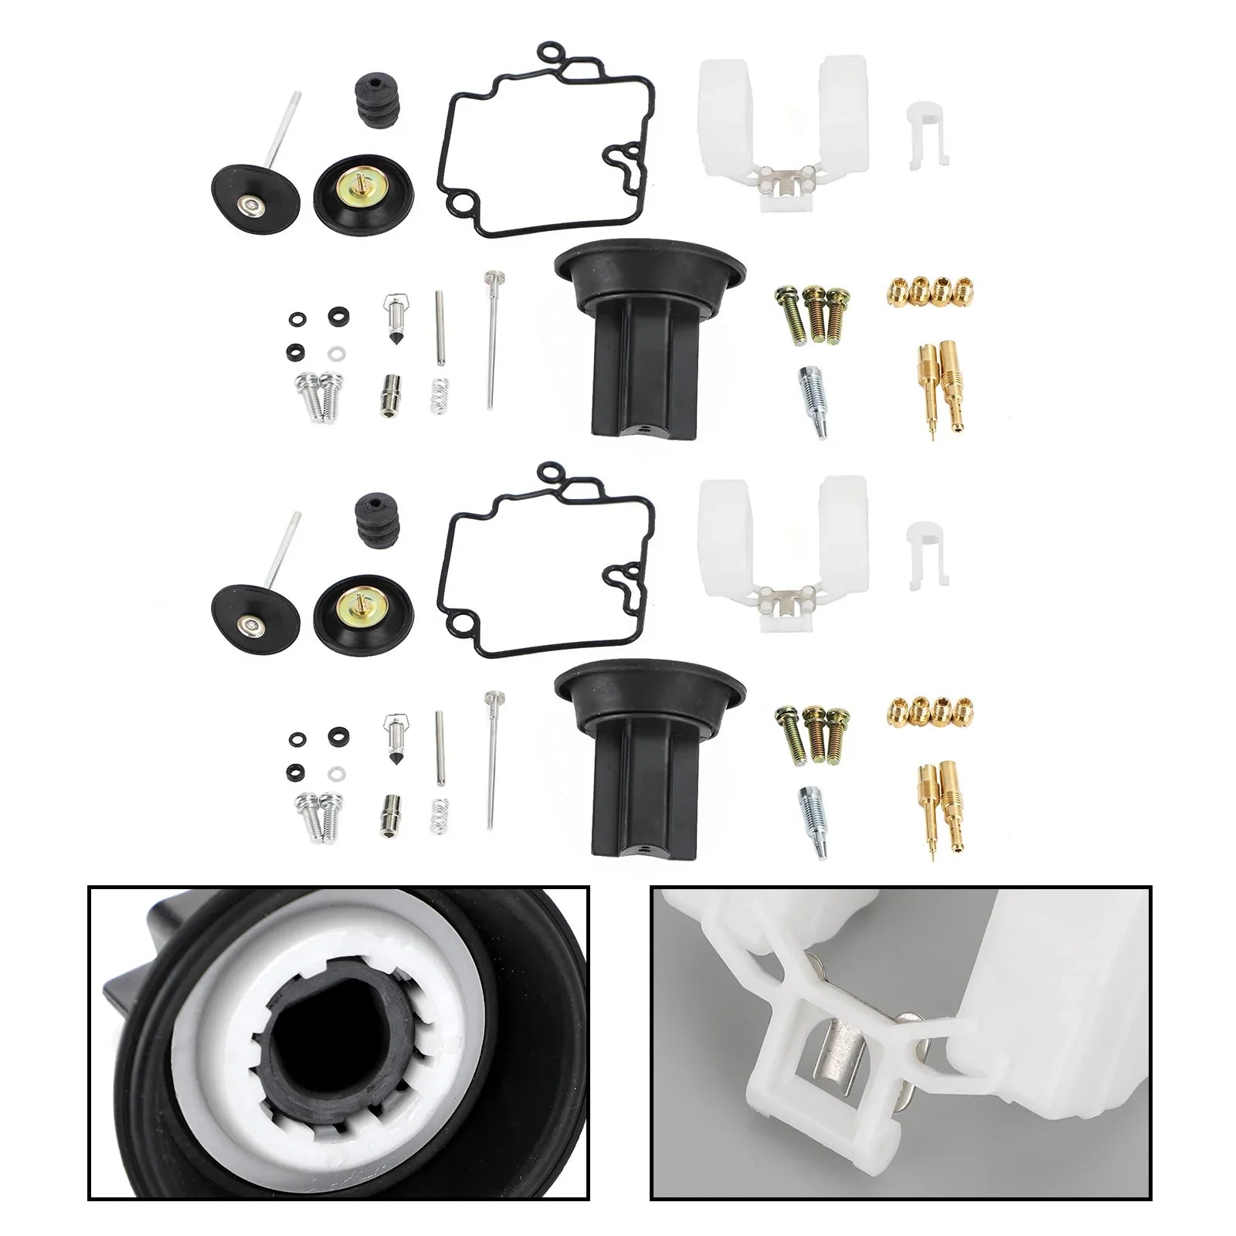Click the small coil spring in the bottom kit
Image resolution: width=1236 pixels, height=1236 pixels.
pyautogui.click(x=438, y=816)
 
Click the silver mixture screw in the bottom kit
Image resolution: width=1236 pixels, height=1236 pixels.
pyautogui.click(x=808, y=810)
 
